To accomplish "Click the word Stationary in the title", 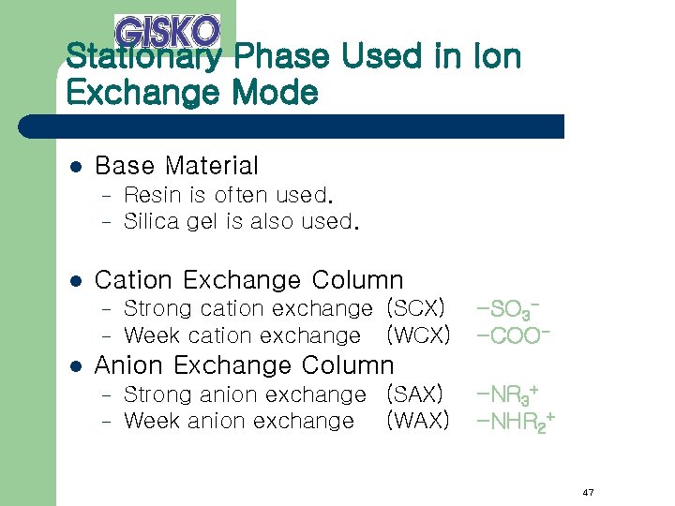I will point(143,58).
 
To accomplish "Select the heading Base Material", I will point(176,167).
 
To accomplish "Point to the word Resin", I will point(145,196).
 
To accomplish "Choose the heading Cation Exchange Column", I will point(249,280).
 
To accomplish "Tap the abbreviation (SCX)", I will point(414,308).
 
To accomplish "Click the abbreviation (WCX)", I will point(417,335).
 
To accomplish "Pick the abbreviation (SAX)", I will point(413,394).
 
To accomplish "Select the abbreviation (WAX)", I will point(417,422).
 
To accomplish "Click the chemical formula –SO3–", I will point(511,308).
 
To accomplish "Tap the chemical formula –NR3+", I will point(510,394).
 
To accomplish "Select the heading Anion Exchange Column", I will point(245,365).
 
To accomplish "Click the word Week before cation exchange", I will point(151,335).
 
